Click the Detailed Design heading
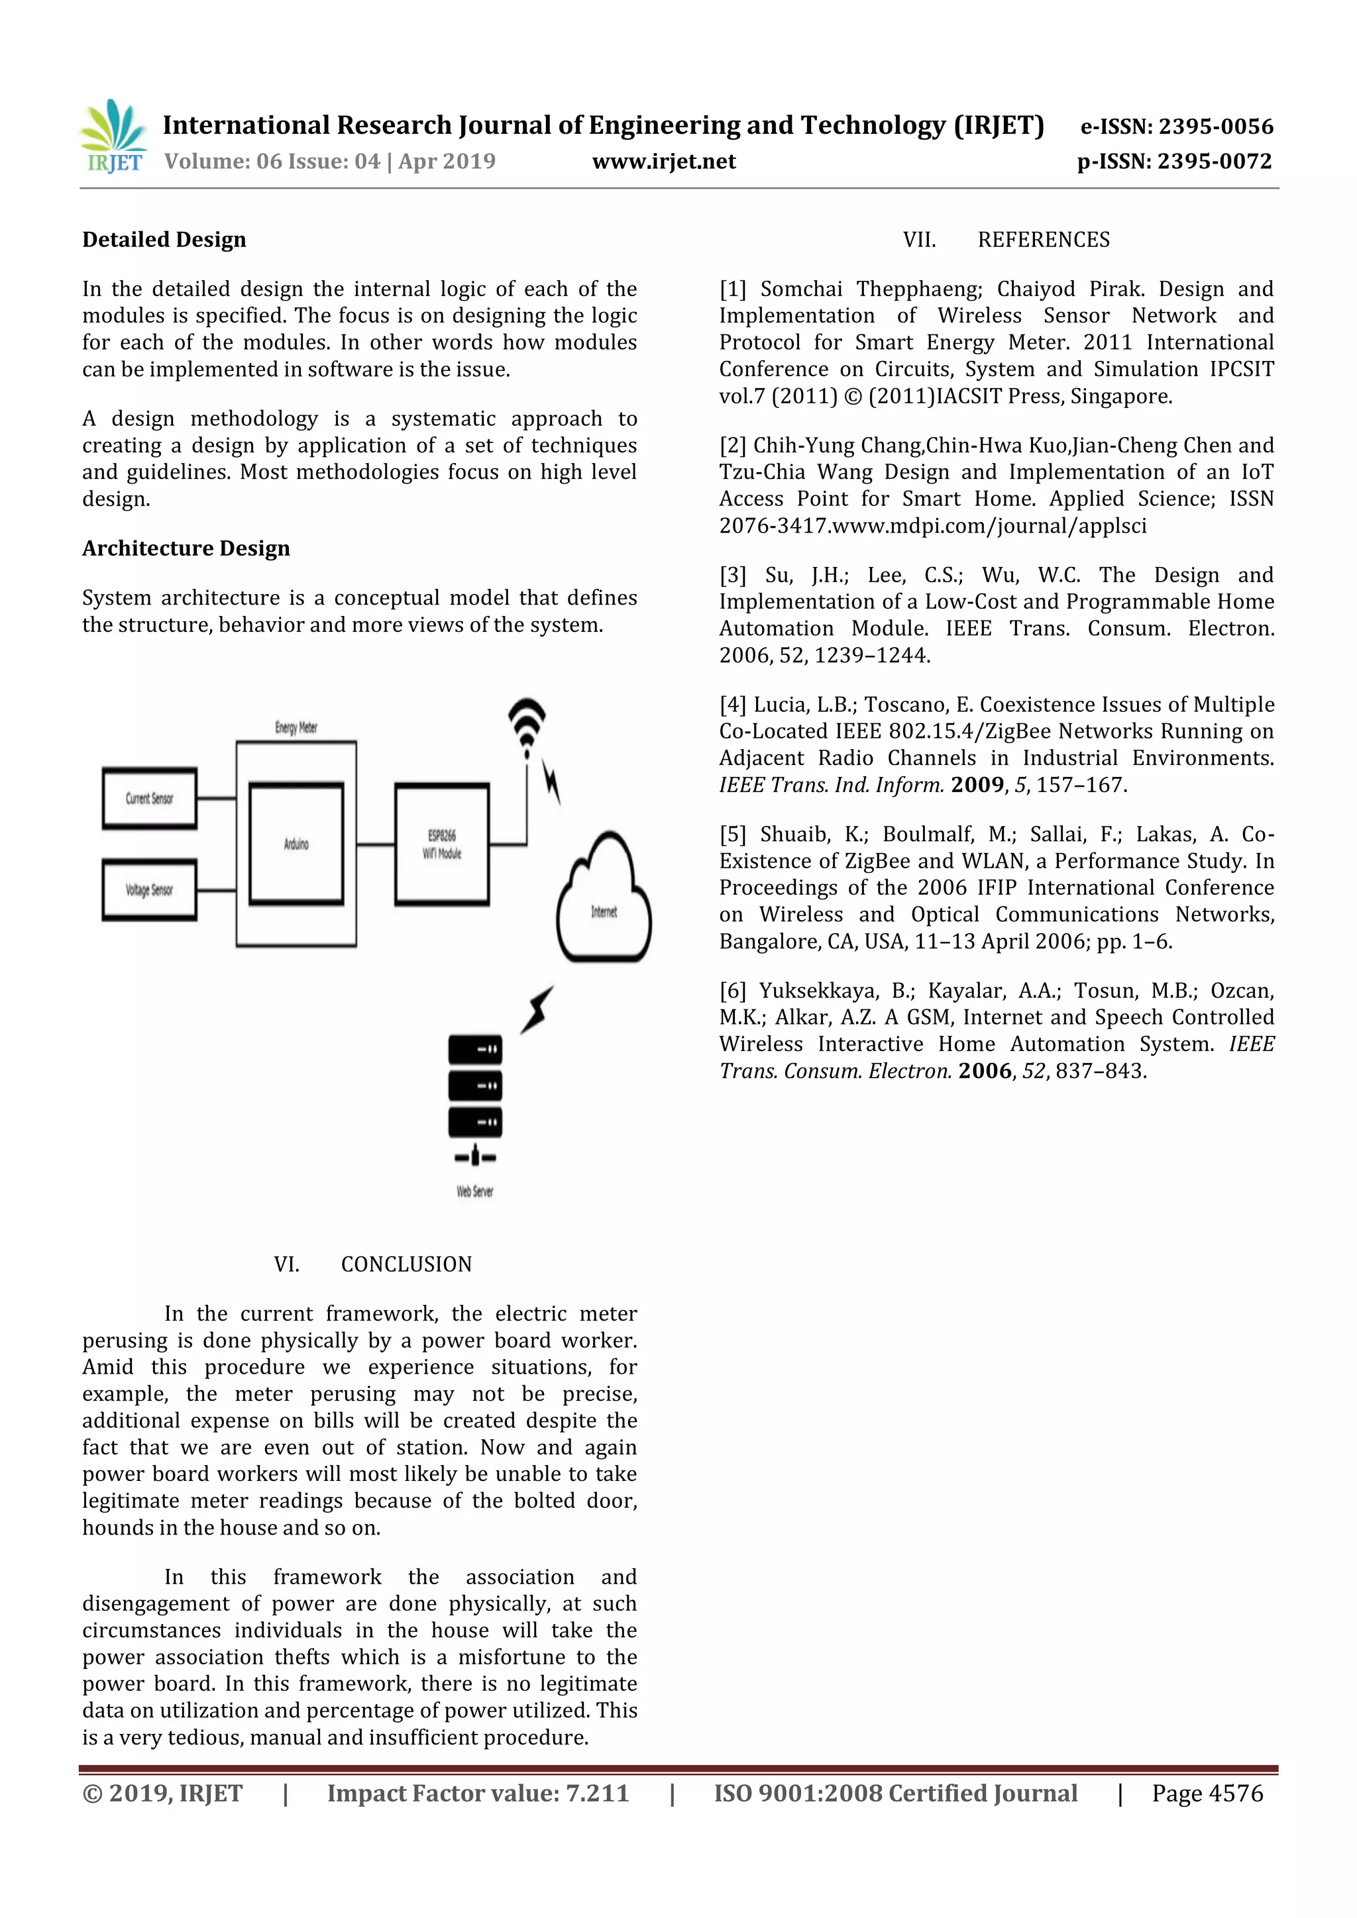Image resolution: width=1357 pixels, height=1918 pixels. click(x=164, y=240)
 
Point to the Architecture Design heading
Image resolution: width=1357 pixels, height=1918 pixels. click(x=186, y=549)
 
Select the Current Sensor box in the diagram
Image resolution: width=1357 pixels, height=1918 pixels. click(x=150, y=799)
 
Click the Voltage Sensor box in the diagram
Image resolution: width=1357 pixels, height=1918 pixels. click(x=150, y=891)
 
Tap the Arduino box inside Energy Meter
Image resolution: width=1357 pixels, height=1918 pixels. click(x=297, y=844)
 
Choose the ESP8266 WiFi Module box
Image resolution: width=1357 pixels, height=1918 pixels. click(x=442, y=844)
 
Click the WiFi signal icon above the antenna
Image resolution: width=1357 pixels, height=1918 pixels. click(x=526, y=723)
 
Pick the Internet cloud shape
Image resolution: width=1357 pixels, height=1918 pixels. click(x=604, y=902)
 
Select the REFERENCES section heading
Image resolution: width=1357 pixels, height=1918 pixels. click(x=1043, y=240)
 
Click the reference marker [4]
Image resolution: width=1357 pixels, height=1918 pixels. click(x=733, y=705)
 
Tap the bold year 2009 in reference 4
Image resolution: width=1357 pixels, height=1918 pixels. click(x=977, y=785)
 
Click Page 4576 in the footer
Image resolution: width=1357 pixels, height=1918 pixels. click(x=1207, y=1793)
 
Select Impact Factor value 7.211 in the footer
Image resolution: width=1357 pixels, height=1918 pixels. click(x=478, y=1793)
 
